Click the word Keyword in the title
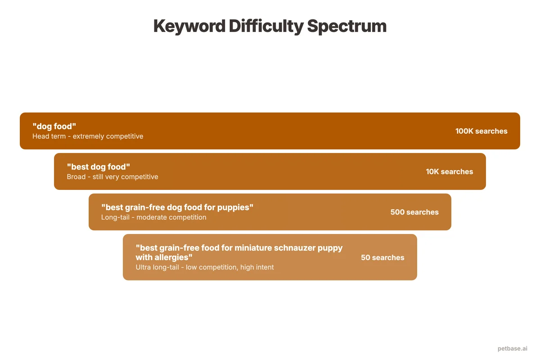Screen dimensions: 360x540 (189, 26)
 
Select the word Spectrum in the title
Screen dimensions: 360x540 (347, 26)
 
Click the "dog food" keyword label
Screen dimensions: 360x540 (54, 126)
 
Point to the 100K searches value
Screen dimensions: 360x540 (481, 131)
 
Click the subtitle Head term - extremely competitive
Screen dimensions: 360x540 (88, 136)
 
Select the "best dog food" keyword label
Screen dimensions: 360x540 (99, 167)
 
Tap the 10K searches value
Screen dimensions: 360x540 (449, 171)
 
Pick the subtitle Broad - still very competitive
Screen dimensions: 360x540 (112, 177)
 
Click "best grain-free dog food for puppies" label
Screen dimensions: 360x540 (177, 207)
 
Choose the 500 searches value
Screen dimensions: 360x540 (414, 212)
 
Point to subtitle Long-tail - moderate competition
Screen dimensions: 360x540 (153, 217)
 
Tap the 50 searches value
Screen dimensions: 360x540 (382, 257)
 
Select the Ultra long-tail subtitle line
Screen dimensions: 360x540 (204, 267)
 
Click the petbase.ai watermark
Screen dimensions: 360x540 (512, 349)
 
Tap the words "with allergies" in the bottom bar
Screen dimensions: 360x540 (164, 257)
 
